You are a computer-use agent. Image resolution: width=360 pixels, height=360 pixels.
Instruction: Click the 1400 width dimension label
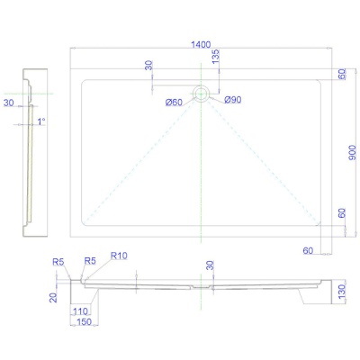(x=201, y=45)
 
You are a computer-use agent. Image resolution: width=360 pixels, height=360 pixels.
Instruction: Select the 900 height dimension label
(x=353, y=152)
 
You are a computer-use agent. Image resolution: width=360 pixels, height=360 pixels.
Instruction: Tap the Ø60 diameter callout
(x=174, y=103)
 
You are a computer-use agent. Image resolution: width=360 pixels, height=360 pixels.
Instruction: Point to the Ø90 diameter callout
(x=233, y=100)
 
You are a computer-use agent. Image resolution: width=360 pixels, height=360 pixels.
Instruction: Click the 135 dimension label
(x=216, y=57)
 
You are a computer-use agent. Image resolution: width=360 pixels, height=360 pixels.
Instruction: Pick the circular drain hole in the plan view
(x=201, y=94)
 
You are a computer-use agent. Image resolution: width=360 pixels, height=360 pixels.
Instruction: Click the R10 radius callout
(x=119, y=256)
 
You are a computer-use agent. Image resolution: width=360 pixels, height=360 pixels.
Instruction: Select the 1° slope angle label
(x=41, y=121)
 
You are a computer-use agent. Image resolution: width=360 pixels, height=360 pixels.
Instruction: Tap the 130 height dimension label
(x=341, y=292)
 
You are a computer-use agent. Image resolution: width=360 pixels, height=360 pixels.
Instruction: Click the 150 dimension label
(x=84, y=322)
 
